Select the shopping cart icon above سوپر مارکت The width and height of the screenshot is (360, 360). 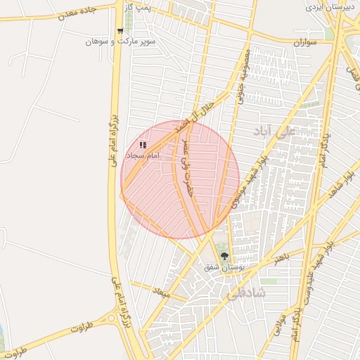(x=120, y=31)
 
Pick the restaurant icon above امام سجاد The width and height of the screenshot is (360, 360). (x=143, y=144)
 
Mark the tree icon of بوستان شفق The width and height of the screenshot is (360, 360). (x=225, y=256)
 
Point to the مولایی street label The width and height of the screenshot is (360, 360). (x=280, y=324)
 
